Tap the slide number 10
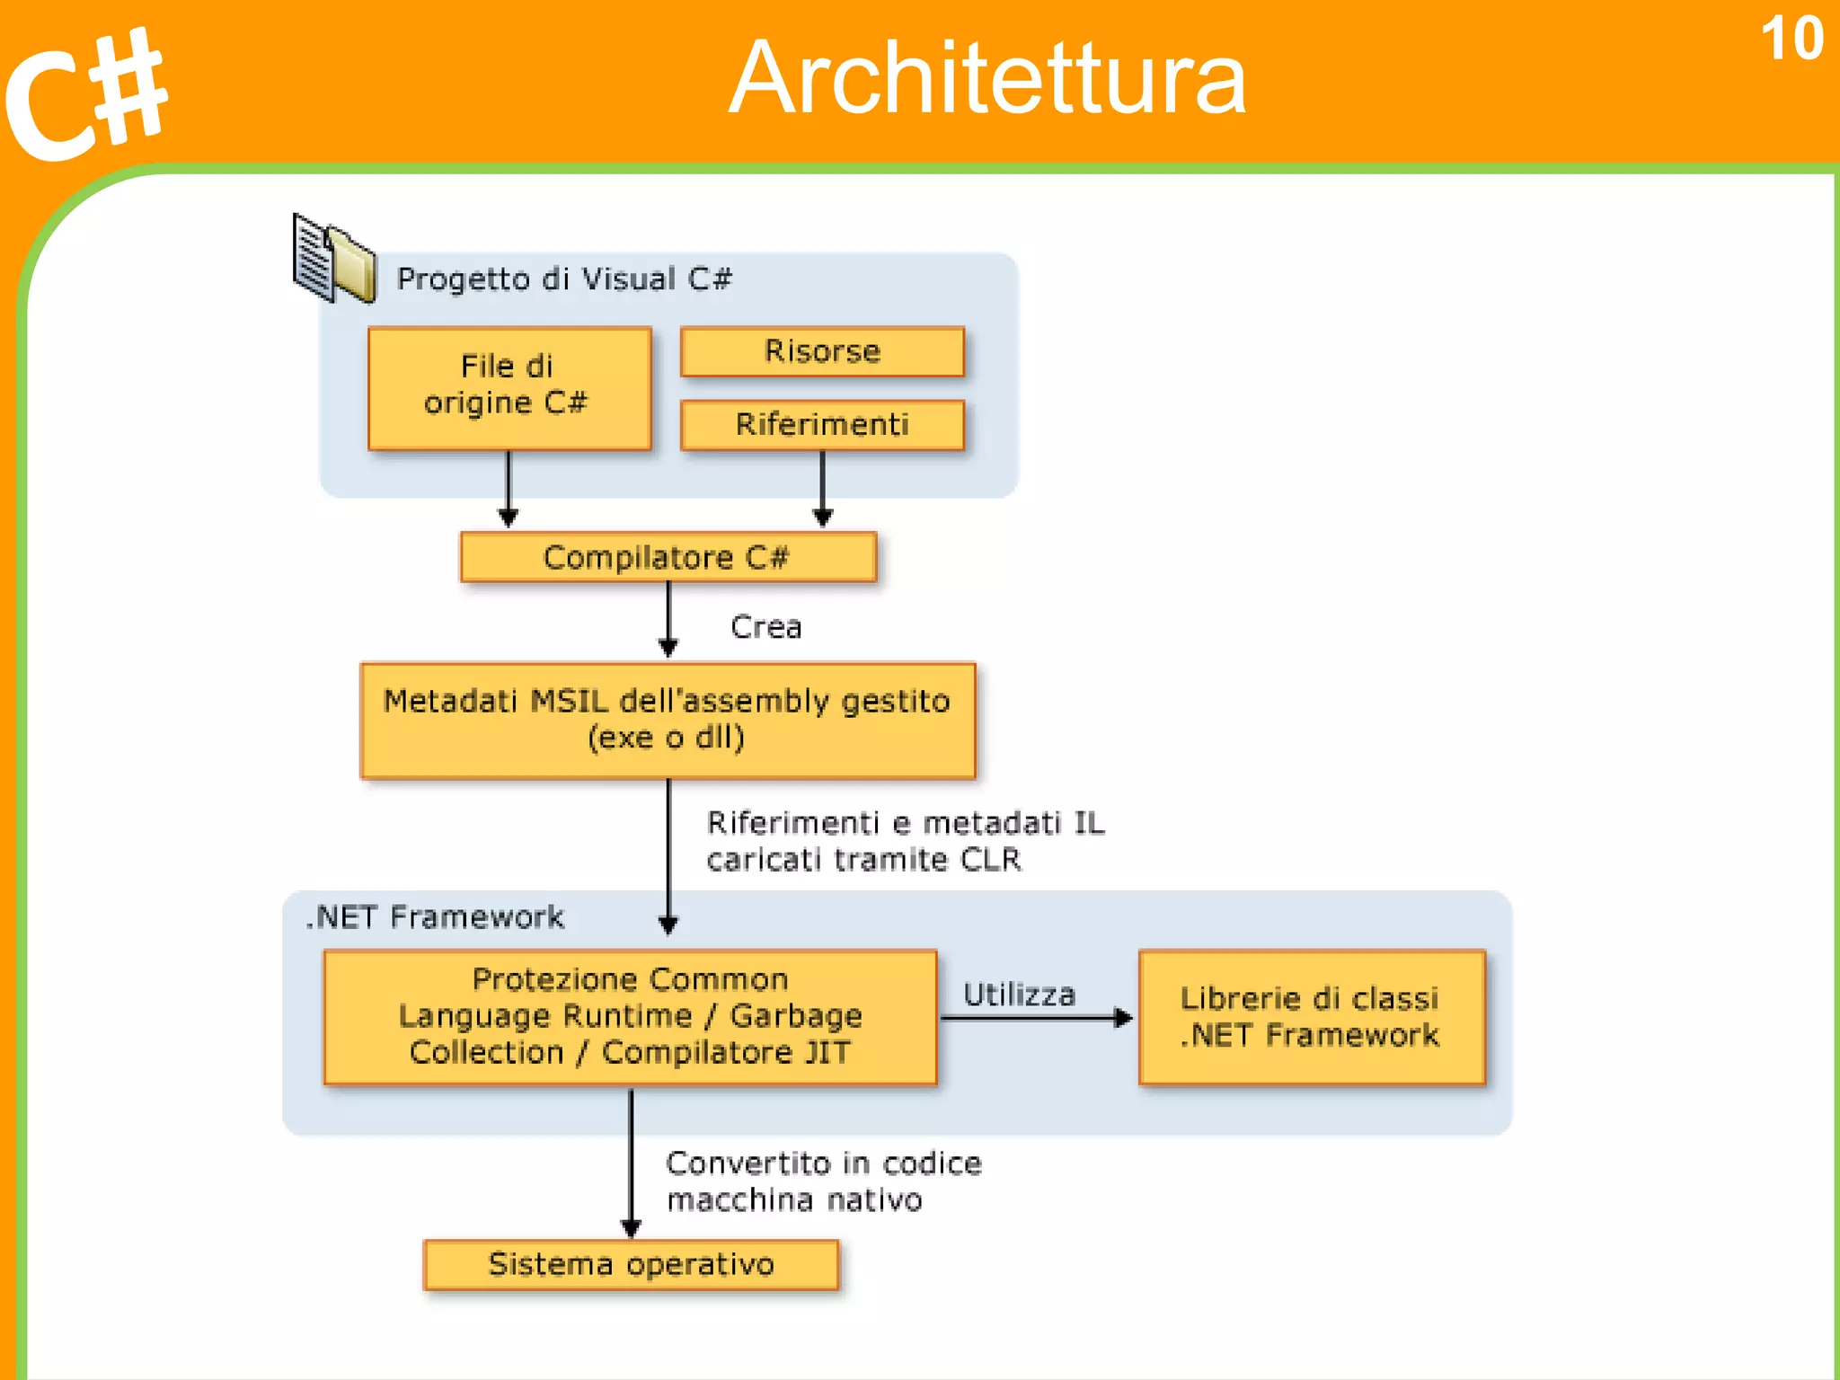point(1791,40)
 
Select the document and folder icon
point(333,261)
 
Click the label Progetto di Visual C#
point(564,279)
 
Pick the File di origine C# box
point(509,387)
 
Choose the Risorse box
point(821,351)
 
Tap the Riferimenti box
point(821,424)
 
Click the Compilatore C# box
point(667,558)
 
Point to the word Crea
point(765,627)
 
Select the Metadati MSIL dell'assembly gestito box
point(667,720)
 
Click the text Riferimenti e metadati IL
point(905,823)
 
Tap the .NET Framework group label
point(435,917)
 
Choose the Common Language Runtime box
point(630,1016)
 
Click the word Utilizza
point(1019,995)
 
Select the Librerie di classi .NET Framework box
point(1310,1017)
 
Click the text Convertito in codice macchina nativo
point(822,1181)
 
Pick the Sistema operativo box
point(630,1264)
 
